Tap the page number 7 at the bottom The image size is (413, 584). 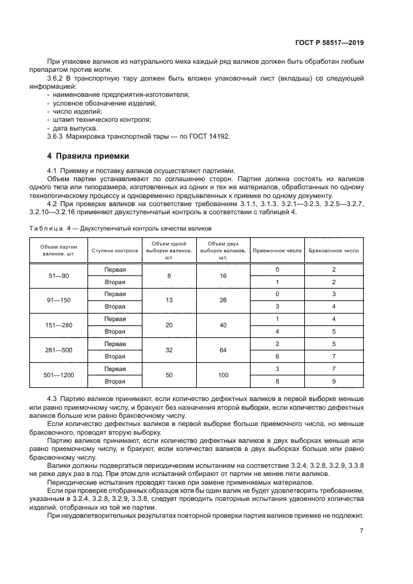(362, 531)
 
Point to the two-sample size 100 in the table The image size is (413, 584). (223, 375)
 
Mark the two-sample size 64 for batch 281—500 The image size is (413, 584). (223, 350)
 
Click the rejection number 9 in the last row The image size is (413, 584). (334, 381)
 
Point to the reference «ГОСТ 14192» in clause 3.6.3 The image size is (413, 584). (208, 137)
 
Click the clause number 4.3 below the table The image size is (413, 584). (52, 398)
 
